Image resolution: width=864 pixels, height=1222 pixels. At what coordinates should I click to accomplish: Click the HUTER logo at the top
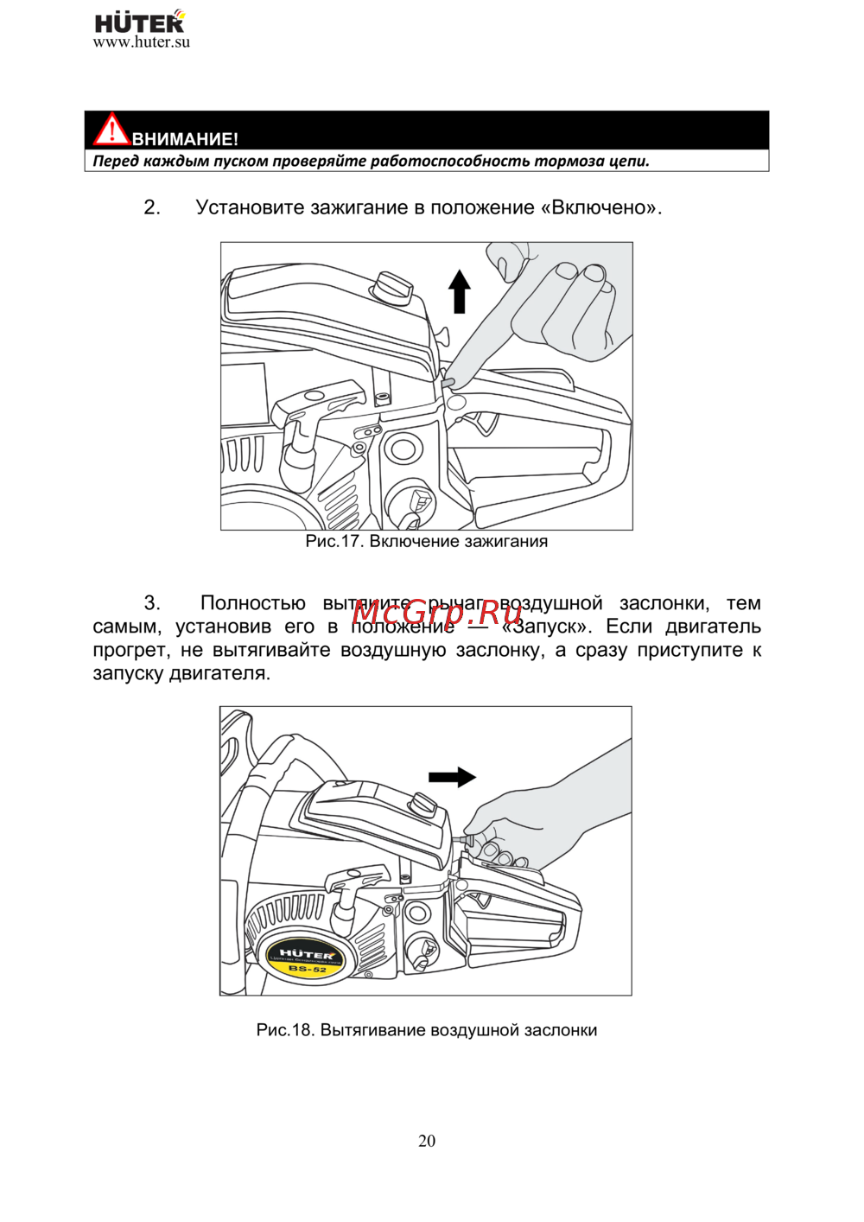click(x=139, y=22)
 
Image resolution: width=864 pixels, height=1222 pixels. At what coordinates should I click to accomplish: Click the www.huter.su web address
click(x=142, y=42)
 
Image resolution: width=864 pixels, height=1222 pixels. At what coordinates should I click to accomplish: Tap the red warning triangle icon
click(x=111, y=130)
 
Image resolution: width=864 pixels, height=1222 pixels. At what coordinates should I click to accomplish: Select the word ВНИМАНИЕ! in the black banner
click(x=185, y=139)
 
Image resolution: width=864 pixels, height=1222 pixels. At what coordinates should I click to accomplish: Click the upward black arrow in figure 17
click(x=460, y=290)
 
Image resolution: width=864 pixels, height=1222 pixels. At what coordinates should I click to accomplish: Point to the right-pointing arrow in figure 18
click(x=452, y=777)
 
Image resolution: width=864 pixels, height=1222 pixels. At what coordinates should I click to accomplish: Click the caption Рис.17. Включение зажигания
click(x=427, y=542)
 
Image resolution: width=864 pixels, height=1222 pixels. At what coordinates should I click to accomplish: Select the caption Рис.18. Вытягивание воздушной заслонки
click(x=427, y=1030)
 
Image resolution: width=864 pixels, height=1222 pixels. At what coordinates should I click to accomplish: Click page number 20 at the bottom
click(x=427, y=1141)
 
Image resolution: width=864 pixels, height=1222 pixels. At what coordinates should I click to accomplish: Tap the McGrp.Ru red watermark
click(x=438, y=612)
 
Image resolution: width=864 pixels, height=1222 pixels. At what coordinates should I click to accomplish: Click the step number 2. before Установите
click(x=152, y=207)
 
